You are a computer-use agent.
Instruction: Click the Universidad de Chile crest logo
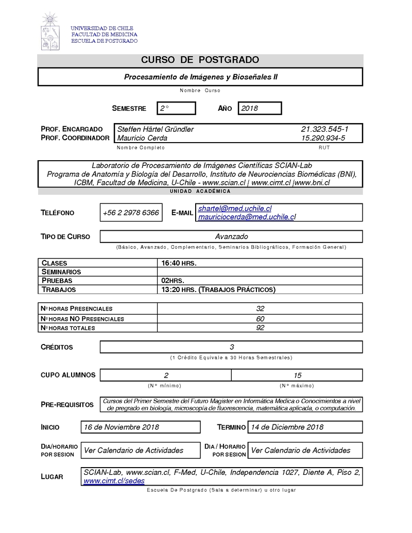click(51, 32)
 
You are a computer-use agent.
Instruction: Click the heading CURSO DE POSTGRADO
click(200, 60)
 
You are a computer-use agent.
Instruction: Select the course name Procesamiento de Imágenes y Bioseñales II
click(200, 77)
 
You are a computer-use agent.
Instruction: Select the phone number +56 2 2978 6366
click(131, 213)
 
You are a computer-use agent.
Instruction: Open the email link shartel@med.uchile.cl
click(235, 209)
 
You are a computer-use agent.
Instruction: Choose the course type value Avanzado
click(231, 236)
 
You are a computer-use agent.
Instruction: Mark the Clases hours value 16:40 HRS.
click(179, 263)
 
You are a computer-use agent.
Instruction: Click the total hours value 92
click(260, 328)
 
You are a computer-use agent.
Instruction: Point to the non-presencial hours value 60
click(260, 318)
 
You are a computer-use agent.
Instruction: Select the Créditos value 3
click(232, 347)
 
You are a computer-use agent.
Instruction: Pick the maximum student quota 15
click(297, 375)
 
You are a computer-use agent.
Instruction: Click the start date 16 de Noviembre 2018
click(122, 427)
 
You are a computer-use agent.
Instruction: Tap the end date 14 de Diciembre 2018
click(287, 427)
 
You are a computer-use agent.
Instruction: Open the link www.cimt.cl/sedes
click(114, 480)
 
